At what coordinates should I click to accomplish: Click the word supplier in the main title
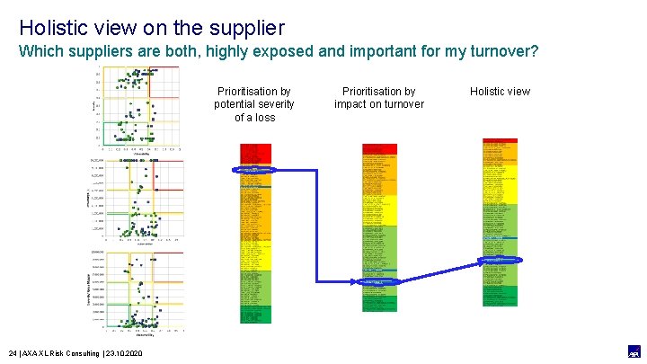click(x=243, y=28)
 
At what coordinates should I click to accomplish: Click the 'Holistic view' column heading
click(x=500, y=91)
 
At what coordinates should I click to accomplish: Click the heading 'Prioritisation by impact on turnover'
click(x=378, y=98)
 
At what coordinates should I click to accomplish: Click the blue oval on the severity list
click(x=258, y=169)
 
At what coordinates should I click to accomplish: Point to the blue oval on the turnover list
click(x=378, y=281)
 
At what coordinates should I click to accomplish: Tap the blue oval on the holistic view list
click(x=499, y=260)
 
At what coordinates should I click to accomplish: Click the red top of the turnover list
click(x=378, y=148)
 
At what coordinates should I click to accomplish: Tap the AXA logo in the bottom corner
click(x=632, y=351)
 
